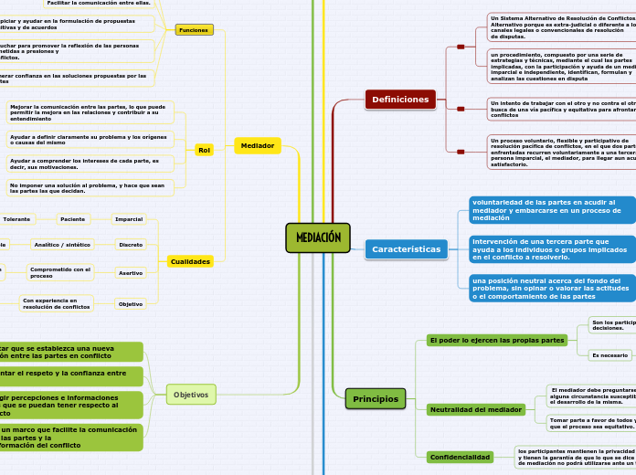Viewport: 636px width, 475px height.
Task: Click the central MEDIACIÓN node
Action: (x=317, y=237)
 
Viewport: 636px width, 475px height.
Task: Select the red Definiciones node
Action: (x=400, y=99)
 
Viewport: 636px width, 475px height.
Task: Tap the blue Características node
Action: (x=406, y=249)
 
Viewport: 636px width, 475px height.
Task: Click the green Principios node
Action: (x=375, y=399)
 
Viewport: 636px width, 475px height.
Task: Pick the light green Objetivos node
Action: (x=191, y=395)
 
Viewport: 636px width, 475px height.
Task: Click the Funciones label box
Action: (x=194, y=30)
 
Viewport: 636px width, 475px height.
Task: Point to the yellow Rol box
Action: (x=204, y=150)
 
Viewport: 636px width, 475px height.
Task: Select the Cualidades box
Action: (x=190, y=261)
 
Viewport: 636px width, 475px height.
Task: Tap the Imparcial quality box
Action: (x=129, y=219)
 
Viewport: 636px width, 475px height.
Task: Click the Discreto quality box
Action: (x=131, y=245)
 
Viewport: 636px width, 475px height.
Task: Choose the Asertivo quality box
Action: (x=131, y=272)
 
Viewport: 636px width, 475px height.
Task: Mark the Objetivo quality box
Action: (x=131, y=303)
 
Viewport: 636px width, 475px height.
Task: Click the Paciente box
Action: (x=72, y=219)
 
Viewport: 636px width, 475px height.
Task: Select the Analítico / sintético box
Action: (x=62, y=245)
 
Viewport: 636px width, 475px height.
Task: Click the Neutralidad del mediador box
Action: (x=475, y=409)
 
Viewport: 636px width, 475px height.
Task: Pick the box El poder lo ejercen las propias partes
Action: (x=496, y=340)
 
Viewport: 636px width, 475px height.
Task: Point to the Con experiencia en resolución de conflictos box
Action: (x=57, y=303)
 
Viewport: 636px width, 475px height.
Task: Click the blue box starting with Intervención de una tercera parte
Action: (x=552, y=248)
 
